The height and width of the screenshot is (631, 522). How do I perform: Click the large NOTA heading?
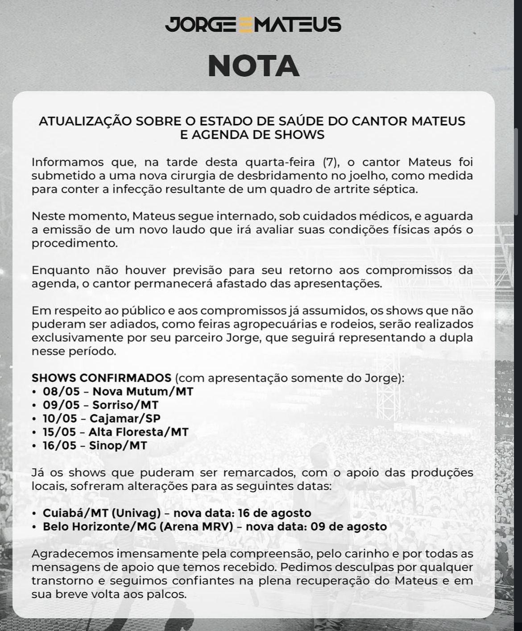click(x=253, y=66)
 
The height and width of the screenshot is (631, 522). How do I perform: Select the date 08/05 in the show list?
click(x=61, y=392)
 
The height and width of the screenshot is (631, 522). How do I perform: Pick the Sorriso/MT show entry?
click(x=125, y=405)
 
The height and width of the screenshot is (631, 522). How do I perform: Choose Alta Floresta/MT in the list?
click(x=138, y=432)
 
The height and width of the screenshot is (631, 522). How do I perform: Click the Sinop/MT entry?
click(x=118, y=445)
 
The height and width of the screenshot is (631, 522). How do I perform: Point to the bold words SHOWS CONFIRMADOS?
click(x=101, y=378)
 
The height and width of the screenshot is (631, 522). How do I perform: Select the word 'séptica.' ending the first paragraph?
click(x=399, y=189)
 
